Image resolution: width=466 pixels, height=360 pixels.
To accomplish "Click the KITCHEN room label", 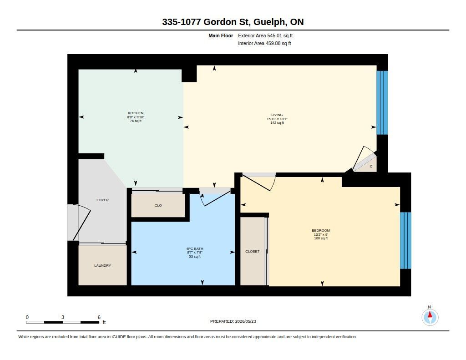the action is pos(136,113).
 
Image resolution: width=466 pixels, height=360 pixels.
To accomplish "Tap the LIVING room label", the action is pos(277,115).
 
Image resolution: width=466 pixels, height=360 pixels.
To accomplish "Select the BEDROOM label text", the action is pos(321,230).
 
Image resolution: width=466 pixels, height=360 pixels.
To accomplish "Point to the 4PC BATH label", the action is pos(195,249).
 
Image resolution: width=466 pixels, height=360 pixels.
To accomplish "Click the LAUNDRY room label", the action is pos(102,265).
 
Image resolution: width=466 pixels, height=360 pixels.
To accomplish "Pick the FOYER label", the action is pos(102,200).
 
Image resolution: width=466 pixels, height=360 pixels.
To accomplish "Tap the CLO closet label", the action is pos(158,205).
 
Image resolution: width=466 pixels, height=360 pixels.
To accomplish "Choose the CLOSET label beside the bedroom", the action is pos(252,252).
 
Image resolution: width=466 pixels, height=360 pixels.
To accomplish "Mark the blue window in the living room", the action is pos(382,102).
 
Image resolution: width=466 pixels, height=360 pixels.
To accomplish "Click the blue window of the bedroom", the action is pos(405,240).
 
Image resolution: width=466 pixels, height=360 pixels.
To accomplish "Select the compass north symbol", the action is pos(430,317).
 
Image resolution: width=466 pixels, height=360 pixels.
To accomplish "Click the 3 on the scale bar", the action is pos(63,317).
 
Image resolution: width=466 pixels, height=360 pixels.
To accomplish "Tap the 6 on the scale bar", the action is pos(99,317).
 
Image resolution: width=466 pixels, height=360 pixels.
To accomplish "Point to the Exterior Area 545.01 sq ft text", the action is pos(265,35).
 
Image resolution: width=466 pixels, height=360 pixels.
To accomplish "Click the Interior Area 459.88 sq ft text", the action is pos(264,43).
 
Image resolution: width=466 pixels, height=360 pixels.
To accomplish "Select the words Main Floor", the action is pos(221,35).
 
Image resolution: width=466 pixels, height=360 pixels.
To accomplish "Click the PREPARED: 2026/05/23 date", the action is pos(233,321).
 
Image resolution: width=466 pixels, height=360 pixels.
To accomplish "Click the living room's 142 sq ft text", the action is pos(277,123).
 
